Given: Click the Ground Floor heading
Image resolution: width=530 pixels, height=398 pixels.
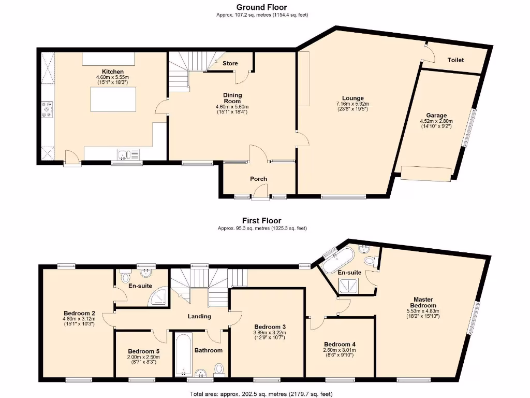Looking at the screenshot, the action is click(x=261, y=7).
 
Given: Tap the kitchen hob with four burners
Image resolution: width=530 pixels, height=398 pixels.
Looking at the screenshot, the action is click(x=47, y=109).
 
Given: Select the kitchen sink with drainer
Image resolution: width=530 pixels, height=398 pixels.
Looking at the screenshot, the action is click(x=128, y=154).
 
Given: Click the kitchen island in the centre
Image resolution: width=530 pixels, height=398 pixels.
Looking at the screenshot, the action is click(x=113, y=99).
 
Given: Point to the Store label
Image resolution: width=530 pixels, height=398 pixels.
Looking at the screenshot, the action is click(x=230, y=63).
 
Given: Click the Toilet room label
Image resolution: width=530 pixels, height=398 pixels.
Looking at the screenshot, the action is click(x=455, y=60).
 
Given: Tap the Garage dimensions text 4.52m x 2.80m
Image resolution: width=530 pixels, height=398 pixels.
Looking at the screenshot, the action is click(x=436, y=121).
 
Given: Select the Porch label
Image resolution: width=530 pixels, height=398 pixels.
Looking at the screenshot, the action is click(x=259, y=179).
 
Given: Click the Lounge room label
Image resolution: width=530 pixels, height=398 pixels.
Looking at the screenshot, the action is click(x=352, y=98).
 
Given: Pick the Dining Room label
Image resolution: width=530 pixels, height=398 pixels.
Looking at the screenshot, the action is click(x=232, y=98).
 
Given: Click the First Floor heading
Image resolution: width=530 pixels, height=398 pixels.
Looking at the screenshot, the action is click(x=261, y=221).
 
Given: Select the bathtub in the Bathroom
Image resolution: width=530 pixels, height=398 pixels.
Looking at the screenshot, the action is click(x=184, y=354).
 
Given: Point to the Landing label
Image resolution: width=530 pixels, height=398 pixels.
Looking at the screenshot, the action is click(x=199, y=316).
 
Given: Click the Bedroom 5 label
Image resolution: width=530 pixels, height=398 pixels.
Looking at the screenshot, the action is click(x=144, y=351).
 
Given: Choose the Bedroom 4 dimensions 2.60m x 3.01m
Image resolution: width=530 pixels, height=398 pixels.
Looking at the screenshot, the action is click(x=340, y=350).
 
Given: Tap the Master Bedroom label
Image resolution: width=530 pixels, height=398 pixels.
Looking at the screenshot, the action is click(x=423, y=302).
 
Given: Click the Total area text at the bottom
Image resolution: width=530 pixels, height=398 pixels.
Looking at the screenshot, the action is click(x=261, y=394).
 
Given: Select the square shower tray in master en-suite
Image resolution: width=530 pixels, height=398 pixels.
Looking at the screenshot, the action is click(x=349, y=286).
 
